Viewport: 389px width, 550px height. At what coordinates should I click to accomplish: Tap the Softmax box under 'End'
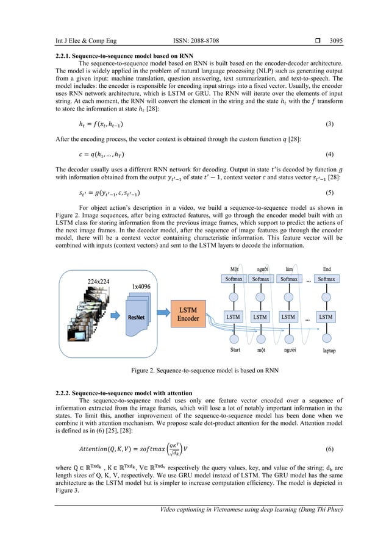pos(326,279)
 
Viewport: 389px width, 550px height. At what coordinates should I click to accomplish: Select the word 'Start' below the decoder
pos(234,351)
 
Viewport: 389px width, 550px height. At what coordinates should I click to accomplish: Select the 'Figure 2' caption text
pos(194,374)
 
